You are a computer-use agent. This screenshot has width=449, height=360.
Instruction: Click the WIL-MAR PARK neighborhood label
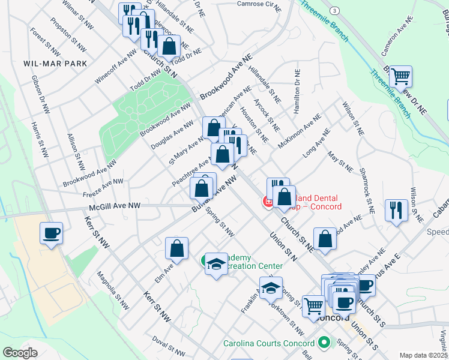(55, 64)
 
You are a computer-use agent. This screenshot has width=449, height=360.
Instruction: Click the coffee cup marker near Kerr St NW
(52, 233)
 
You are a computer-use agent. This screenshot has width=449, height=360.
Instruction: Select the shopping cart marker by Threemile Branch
(400, 77)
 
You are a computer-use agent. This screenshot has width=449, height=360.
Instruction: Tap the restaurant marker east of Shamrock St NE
(396, 209)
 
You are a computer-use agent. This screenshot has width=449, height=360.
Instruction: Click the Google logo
(20, 353)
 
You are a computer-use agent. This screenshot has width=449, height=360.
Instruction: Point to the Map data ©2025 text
(423, 355)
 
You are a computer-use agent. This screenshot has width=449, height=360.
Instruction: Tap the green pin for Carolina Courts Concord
(325, 343)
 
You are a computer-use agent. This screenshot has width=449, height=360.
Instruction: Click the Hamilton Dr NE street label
(297, 91)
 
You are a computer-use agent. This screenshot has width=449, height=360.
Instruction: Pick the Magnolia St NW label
(113, 290)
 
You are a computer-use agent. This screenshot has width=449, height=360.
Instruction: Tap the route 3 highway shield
(335, 11)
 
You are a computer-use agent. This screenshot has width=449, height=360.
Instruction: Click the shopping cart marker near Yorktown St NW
(313, 306)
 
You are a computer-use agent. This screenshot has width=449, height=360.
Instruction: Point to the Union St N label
(284, 242)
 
